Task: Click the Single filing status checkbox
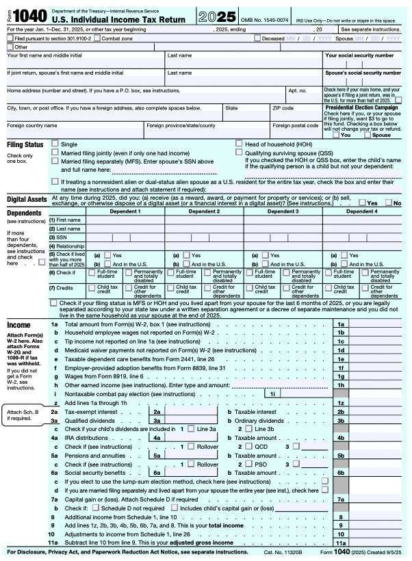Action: [55, 144]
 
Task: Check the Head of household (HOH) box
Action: [239, 144]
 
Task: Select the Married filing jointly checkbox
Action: [55, 153]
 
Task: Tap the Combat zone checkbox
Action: [98, 38]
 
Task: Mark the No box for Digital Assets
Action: [388, 203]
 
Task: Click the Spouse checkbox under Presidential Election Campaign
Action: [368, 135]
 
